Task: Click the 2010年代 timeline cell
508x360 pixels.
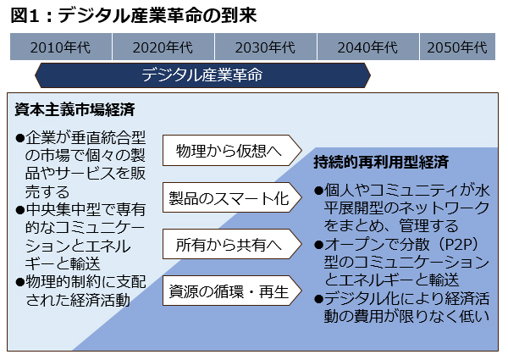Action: [61, 47]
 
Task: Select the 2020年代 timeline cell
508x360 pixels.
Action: [163, 47]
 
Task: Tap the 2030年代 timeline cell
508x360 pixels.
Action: [266, 47]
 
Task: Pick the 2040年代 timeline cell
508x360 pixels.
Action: [368, 47]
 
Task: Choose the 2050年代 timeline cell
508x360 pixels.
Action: [457, 47]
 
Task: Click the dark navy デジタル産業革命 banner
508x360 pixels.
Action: [202, 75]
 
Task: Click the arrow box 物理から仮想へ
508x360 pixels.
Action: [232, 151]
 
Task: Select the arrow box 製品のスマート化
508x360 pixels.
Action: [232, 197]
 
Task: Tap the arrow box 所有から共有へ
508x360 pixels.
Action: [232, 244]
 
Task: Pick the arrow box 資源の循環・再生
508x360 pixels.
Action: [232, 291]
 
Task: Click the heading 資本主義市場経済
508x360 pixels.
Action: [75, 109]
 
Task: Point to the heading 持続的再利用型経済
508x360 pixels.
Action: [381, 162]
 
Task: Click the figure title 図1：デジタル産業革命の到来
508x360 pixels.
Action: [134, 15]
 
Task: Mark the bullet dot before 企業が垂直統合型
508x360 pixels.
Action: [20, 138]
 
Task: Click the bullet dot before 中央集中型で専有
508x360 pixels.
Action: [20, 210]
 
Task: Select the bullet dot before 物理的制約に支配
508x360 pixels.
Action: [20, 282]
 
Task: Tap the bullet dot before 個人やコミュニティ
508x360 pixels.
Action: [319, 191]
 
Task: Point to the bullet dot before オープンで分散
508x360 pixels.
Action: [319, 245]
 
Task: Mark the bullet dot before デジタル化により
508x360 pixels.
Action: [319, 299]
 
